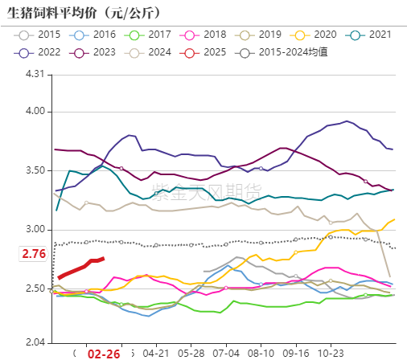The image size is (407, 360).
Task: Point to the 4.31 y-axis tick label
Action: point(38,74)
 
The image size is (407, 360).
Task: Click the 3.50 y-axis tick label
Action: point(38,170)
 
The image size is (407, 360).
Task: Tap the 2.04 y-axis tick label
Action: point(38,343)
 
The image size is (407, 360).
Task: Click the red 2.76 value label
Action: point(33,254)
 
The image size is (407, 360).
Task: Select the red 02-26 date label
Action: point(104,354)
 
